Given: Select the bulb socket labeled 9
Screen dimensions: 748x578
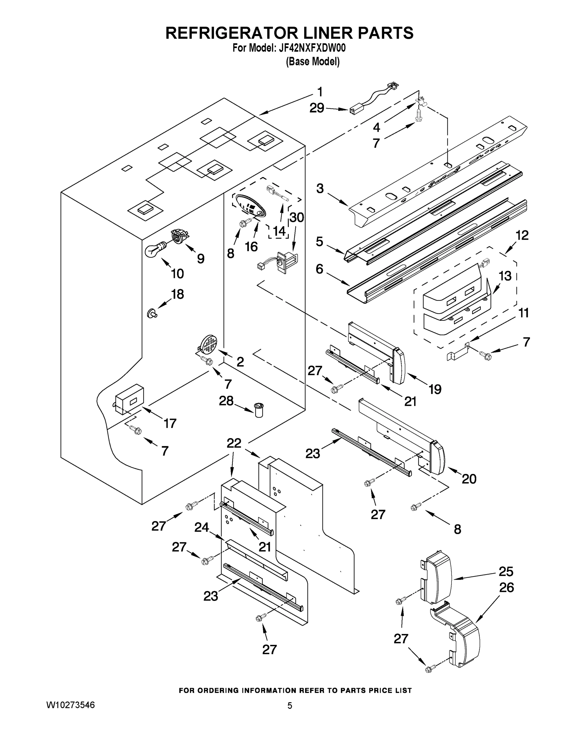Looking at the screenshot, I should click(x=179, y=236).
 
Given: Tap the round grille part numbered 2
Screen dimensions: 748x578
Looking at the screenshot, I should click(x=209, y=344).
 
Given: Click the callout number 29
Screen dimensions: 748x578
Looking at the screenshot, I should click(x=317, y=108).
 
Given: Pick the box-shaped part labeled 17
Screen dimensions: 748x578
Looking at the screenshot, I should click(x=129, y=398).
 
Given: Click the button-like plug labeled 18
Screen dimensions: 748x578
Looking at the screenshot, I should click(x=151, y=313).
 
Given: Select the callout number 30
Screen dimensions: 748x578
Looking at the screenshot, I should click(x=297, y=217).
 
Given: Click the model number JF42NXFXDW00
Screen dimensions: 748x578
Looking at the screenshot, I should click(x=312, y=48).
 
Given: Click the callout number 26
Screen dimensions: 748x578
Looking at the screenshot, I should click(x=507, y=588).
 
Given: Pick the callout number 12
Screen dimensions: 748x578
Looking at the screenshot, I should click(x=522, y=235).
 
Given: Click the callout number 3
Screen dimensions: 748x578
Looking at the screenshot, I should click(x=319, y=188).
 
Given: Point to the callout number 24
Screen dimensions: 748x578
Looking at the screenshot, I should click(x=201, y=527).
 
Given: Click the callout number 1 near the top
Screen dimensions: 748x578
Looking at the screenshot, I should click(x=320, y=92).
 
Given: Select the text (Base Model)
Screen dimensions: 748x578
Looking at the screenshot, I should click(x=313, y=62).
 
